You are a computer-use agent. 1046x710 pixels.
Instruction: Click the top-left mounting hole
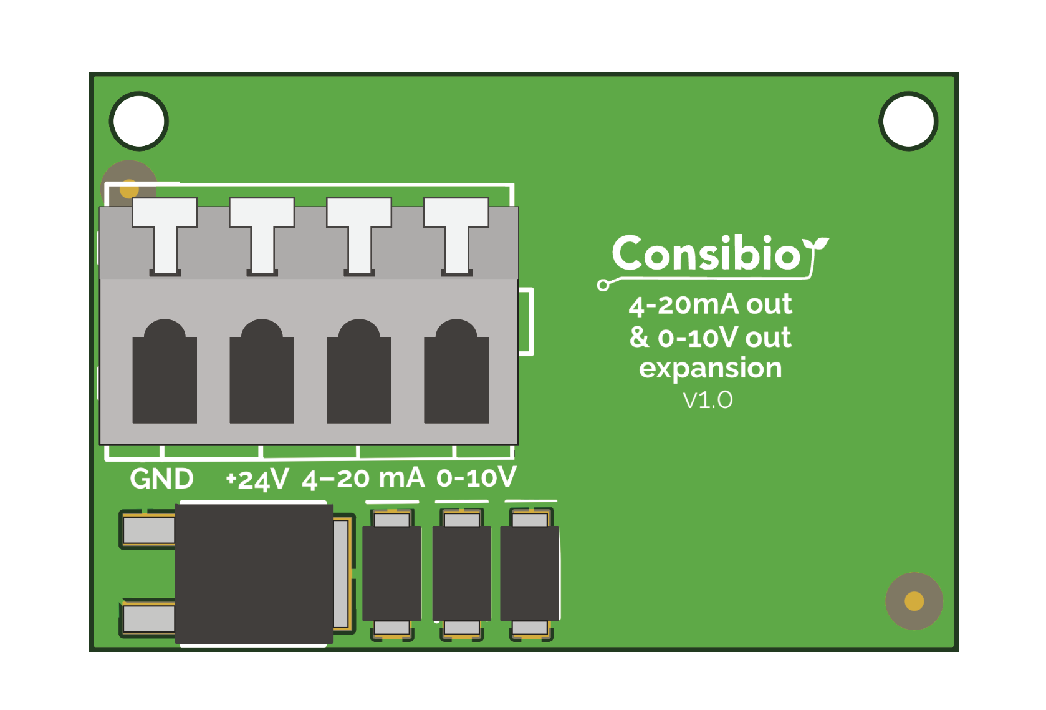click(139, 121)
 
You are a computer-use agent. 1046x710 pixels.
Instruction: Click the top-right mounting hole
click(908, 121)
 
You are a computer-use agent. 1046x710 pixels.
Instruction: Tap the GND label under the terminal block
click(161, 479)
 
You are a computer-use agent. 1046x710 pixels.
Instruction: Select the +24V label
click(257, 480)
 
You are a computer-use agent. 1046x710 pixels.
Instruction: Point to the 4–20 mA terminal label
click(363, 479)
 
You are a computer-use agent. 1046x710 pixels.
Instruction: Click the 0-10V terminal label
click(476, 478)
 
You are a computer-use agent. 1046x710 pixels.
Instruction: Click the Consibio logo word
click(706, 254)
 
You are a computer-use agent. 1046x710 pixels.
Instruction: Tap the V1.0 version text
click(708, 400)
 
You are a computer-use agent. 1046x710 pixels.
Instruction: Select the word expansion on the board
click(710, 368)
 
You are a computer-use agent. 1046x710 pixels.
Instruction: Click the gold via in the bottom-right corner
click(914, 601)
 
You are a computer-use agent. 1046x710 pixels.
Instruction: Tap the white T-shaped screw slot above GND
click(165, 234)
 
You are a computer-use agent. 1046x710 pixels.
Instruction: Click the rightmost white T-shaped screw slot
click(456, 234)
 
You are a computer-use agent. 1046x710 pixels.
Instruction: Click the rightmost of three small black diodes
click(530, 573)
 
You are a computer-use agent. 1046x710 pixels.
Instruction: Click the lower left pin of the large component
click(148, 619)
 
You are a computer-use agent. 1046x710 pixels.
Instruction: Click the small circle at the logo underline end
click(603, 286)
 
